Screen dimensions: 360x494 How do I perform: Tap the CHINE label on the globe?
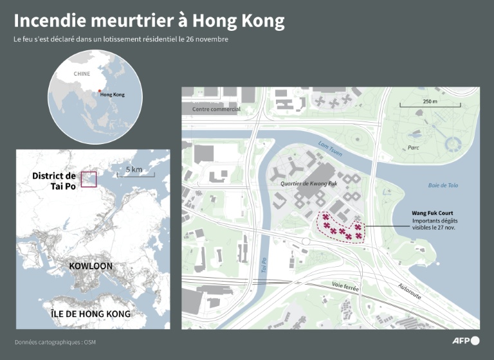click(82, 74)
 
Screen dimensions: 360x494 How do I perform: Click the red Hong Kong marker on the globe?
click(99, 91)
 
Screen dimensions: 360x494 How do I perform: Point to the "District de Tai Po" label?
click(54, 181)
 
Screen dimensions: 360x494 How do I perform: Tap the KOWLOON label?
click(91, 265)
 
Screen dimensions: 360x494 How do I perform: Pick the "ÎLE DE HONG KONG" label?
click(91, 314)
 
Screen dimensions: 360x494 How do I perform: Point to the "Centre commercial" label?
click(216, 109)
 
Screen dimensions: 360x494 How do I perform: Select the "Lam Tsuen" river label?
click(330, 149)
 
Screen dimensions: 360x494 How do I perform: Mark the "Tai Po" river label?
click(263, 266)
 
